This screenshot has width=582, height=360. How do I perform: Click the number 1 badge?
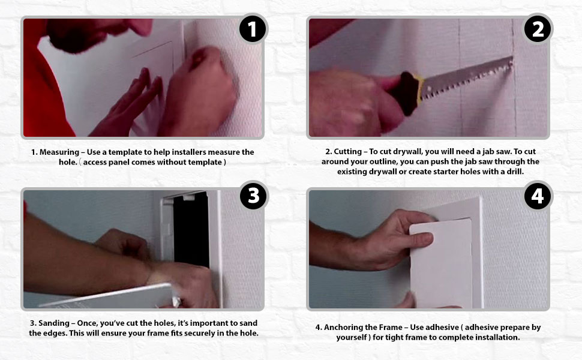[x=253, y=29]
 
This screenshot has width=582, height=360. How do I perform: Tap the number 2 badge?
[x=538, y=29]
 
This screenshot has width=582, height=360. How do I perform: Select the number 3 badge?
[x=254, y=196]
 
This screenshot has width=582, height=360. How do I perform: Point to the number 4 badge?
[x=538, y=196]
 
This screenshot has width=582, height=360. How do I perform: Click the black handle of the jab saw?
[x=406, y=94]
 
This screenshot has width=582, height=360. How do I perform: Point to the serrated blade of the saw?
[x=467, y=78]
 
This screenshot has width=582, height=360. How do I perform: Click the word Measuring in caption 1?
[x=59, y=152]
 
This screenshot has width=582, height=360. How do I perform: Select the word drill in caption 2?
[x=514, y=172]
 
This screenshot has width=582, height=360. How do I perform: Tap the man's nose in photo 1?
[x=143, y=27]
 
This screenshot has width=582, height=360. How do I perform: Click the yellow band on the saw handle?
[x=419, y=89]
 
